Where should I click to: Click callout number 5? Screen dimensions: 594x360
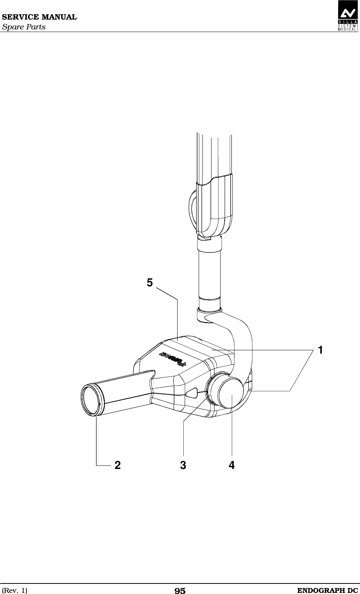click(x=150, y=282)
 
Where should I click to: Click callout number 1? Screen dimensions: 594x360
click(x=320, y=350)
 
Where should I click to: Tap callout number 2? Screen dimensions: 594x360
click(x=118, y=466)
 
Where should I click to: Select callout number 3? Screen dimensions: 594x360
click(x=183, y=466)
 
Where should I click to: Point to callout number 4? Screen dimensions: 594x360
click(x=231, y=466)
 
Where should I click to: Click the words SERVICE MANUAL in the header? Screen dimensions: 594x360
click(x=39, y=17)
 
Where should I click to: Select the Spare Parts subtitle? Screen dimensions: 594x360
click(x=24, y=27)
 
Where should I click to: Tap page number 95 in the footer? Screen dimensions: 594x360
click(x=180, y=591)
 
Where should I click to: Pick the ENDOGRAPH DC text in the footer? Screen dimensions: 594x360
click(x=327, y=590)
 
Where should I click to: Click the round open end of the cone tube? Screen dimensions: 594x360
click(x=91, y=400)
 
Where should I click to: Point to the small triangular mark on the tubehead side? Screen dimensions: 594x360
click(x=192, y=392)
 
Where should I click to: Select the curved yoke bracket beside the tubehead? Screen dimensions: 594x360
click(x=241, y=339)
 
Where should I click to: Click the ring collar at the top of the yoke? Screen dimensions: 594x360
click(x=208, y=312)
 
